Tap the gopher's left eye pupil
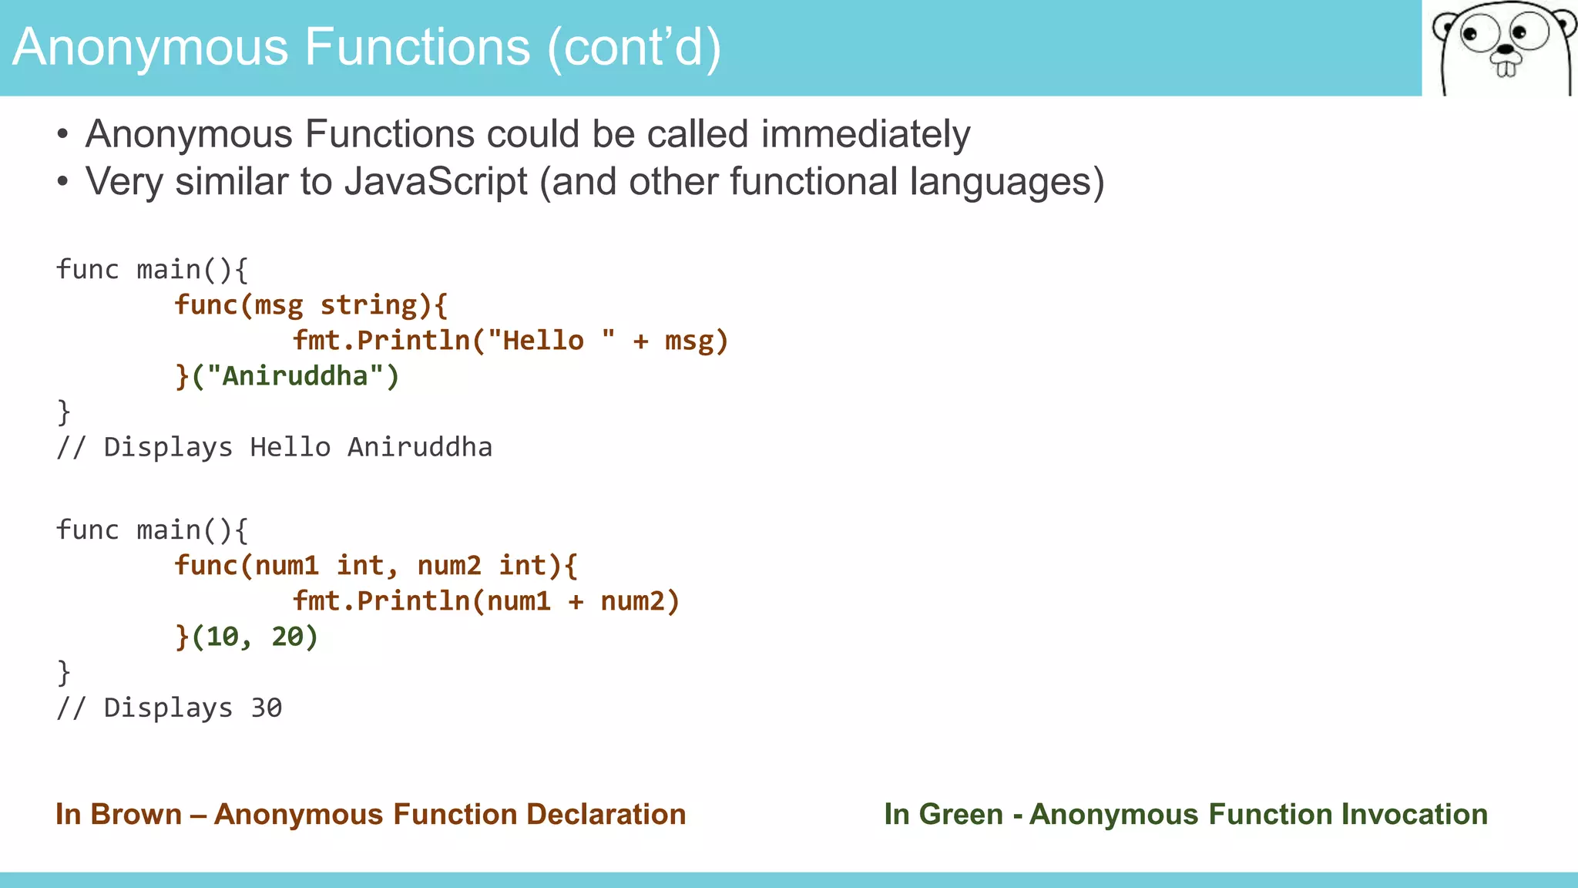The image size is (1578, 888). (x=1470, y=35)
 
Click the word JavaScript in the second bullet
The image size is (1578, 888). (x=435, y=182)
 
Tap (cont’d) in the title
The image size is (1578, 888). (x=634, y=47)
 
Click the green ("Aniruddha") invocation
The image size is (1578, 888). (x=295, y=376)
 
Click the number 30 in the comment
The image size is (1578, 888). (x=267, y=708)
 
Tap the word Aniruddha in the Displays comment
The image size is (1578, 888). (x=420, y=447)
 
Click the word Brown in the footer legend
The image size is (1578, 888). (x=136, y=815)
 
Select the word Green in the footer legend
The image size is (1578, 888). (x=961, y=815)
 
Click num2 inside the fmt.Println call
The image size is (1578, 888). (x=633, y=601)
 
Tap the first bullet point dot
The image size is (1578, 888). (x=63, y=135)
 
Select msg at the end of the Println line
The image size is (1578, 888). (x=689, y=340)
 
